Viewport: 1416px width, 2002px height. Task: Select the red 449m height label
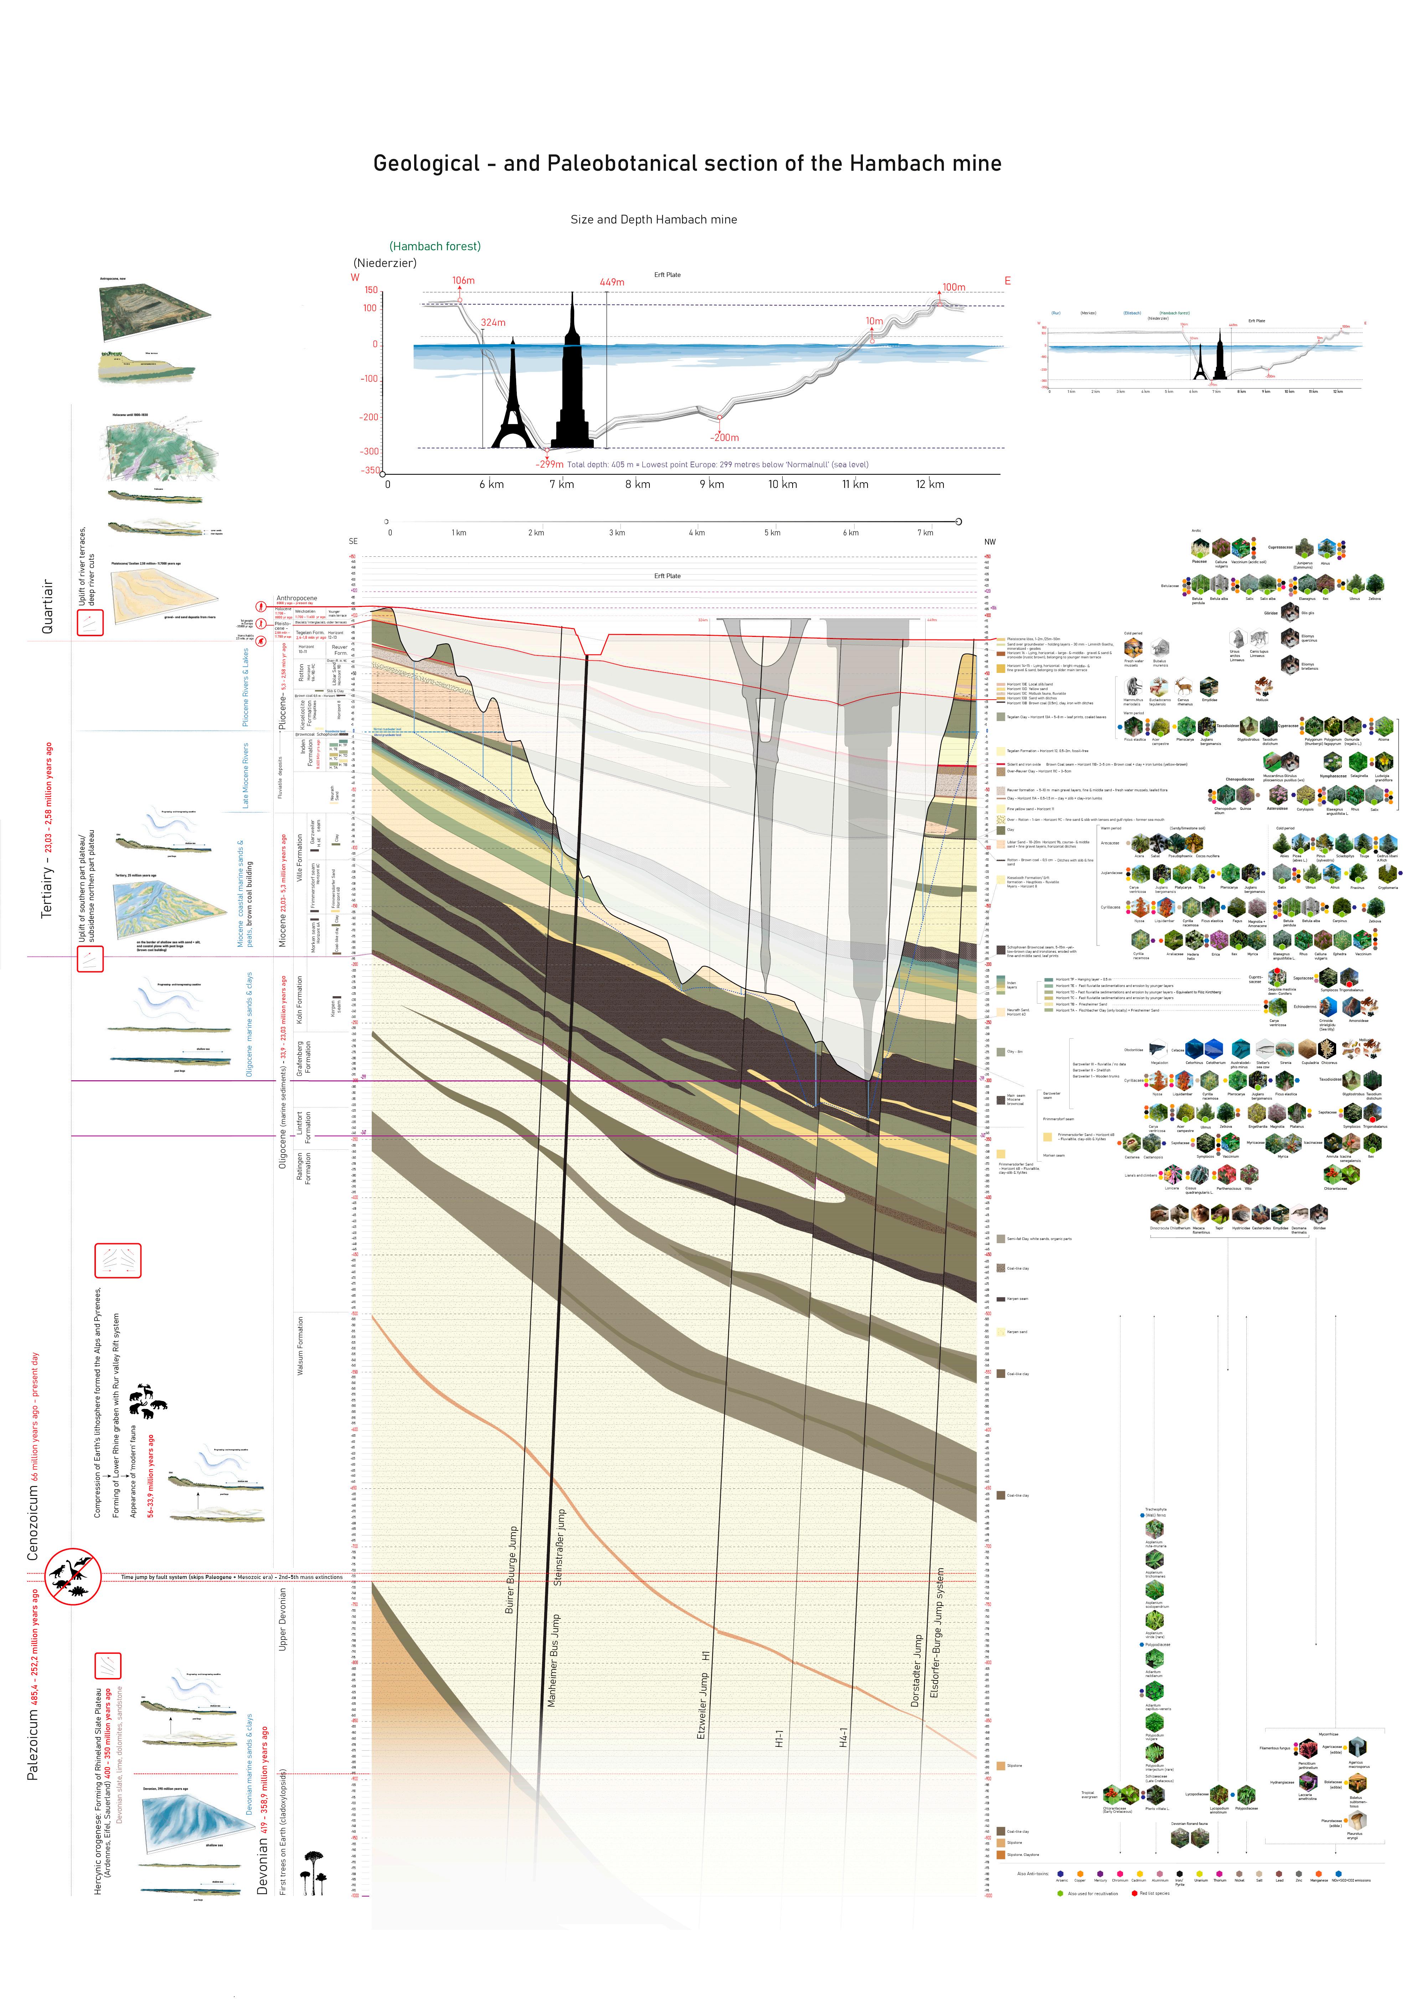coord(612,282)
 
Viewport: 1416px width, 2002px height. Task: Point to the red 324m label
coord(493,323)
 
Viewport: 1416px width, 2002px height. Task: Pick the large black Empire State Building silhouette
coord(572,384)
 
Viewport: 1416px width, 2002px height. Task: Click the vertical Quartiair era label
coord(48,606)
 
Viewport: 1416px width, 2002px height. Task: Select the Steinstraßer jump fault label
coord(559,1547)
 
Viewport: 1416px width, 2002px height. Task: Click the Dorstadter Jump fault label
coord(916,1671)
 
